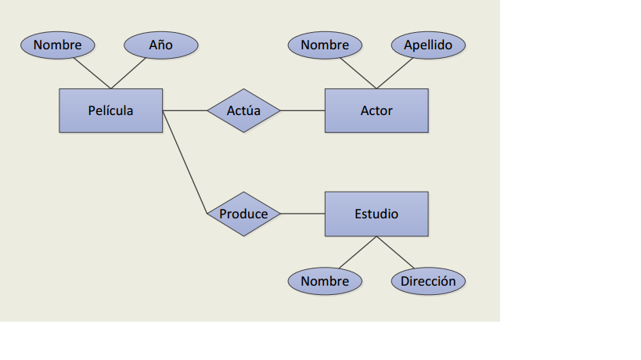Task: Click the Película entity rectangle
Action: pos(110,110)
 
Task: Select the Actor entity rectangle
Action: pos(376,110)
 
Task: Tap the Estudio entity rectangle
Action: pos(376,214)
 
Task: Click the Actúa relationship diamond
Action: pos(243,110)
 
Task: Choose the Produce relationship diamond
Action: pos(243,214)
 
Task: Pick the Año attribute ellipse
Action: pos(161,45)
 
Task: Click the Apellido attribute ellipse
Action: pos(428,45)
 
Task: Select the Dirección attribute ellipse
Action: pos(428,281)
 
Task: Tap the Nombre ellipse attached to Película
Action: pos(57,45)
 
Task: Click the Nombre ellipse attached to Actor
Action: pos(325,45)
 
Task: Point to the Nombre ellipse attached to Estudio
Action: pos(325,281)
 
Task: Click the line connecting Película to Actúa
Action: pos(185,110)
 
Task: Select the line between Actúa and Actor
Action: pos(302,110)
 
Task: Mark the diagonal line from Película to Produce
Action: pos(185,162)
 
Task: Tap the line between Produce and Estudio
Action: pos(302,214)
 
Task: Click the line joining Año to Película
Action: pos(129,73)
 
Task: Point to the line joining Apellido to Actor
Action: pos(394,73)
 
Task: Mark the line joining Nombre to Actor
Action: pos(358,73)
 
